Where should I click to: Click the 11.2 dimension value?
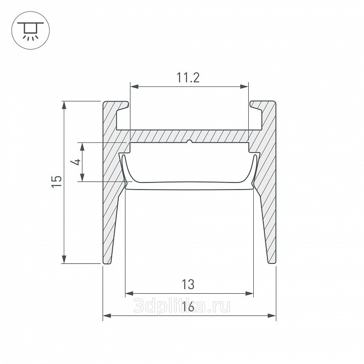click(188, 77)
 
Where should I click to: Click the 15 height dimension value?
click(57, 181)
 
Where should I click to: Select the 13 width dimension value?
click(188, 284)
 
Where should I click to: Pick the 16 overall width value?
click(188, 307)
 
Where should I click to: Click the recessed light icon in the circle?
click(30, 30)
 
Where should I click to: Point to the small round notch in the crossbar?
click(190, 142)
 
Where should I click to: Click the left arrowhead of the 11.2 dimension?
click(134, 87)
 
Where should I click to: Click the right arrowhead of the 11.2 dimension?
click(244, 87)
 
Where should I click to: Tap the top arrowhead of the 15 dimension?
click(64, 105)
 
